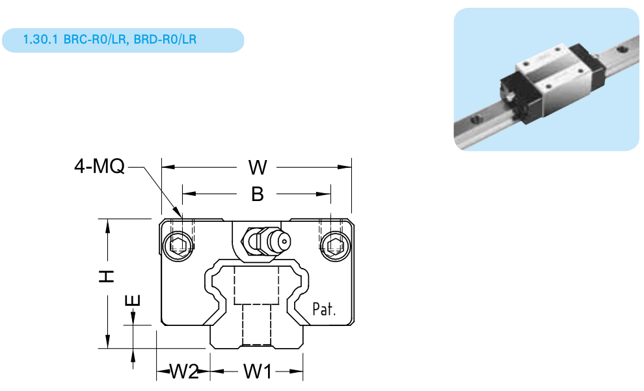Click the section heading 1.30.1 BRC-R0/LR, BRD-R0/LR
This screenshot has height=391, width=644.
pyautogui.click(x=110, y=40)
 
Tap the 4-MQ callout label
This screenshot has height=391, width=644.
pyautogui.click(x=100, y=167)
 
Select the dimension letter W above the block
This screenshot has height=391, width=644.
pyautogui.click(x=258, y=168)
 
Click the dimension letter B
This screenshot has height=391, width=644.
pyautogui.click(x=258, y=194)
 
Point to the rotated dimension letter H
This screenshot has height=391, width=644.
pyautogui.click(x=107, y=276)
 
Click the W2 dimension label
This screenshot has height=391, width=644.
pyautogui.click(x=183, y=372)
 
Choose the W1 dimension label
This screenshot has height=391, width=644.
pyautogui.click(x=258, y=372)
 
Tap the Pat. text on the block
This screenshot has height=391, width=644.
pyautogui.click(x=324, y=309)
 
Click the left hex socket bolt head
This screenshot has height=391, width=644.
pyautogui.click(x=178, y=246)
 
